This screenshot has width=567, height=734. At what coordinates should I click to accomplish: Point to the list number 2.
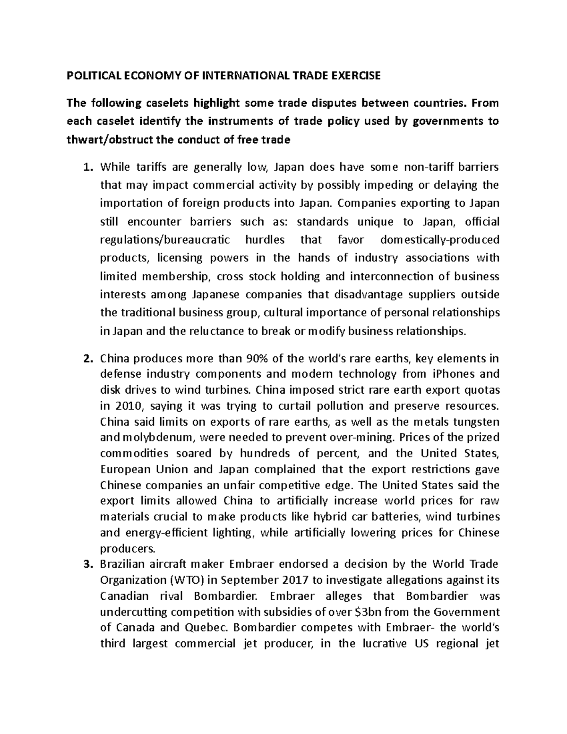pos(86,358)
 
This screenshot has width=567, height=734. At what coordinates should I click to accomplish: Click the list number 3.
pos(86,564)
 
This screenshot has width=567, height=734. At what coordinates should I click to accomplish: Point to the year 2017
pos(299,580)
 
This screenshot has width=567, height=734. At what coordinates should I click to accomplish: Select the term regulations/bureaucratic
pos(165,240)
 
